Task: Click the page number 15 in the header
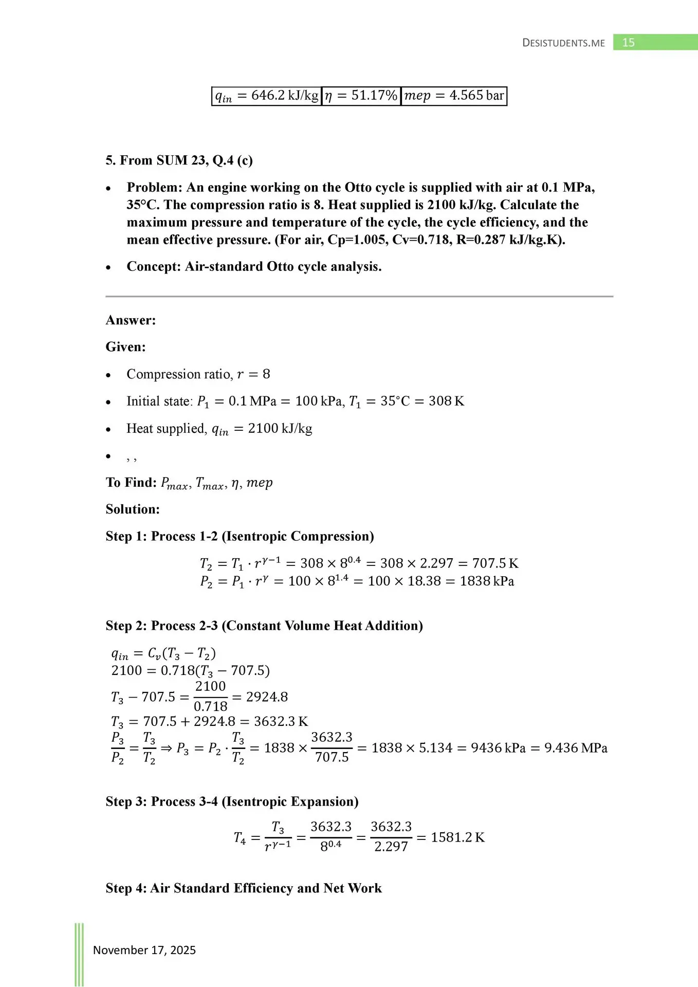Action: point(628,43)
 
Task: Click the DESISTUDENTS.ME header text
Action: point(563,43)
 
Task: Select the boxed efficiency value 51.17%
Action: point(361,96)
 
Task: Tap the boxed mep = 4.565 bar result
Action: point(454,96)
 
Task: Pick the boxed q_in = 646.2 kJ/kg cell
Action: point(267,96)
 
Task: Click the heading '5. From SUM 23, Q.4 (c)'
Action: point(179,160)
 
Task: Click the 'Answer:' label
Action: point(131,320)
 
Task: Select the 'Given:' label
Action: point(125,347)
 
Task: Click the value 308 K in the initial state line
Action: point(446,401)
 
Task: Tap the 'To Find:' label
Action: point(131,483)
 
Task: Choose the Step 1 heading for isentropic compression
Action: point(240,536)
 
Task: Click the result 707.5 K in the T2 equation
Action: point(495,563)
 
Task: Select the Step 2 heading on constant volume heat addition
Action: point(264,626)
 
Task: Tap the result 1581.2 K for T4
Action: point(457,837)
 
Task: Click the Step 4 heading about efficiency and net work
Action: point(244,888)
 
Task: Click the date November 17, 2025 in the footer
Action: point(144,950)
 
